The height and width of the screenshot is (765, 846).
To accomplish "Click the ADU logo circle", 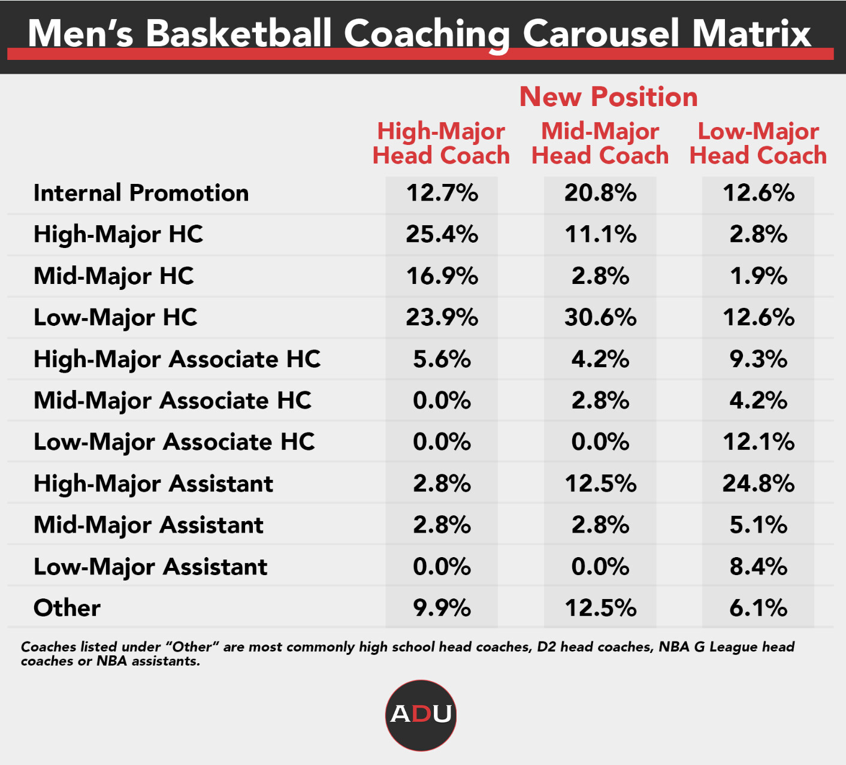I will (x=421, y=715).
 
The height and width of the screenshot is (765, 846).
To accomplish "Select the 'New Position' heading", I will (x=608, y=97).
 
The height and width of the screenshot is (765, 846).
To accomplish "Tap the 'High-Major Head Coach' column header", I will (x=441, y=143).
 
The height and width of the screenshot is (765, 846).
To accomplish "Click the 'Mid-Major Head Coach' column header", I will (x=600, y=143).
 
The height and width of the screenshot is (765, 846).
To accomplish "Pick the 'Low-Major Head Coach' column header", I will (x=758, y=143).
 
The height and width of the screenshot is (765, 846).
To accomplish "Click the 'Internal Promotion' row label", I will (x=141, y=193).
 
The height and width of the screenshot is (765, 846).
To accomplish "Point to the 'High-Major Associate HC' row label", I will (x=177, y=359).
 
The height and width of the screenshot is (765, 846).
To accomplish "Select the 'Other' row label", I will (x=67, y=608).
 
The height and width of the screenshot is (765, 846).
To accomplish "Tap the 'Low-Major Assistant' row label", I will (x=150, y=567).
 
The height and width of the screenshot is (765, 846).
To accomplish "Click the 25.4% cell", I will (x=442, y=234).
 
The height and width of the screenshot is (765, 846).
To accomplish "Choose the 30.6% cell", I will (x=600, y=318).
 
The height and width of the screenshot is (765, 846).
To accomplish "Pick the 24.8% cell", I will (x=759, y=483).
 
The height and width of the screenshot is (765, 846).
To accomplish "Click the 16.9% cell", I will (x=442, y=276).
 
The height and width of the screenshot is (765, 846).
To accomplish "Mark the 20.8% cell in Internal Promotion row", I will (x=600, y=193).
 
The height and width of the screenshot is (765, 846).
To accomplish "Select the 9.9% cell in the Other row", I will (x=442, y=608).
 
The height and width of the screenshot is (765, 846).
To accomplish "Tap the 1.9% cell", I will (x=759, y=276).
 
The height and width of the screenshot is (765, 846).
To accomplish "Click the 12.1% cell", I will (x=759, y=442).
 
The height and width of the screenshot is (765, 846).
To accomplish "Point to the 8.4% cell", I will (x=759, y=567).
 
